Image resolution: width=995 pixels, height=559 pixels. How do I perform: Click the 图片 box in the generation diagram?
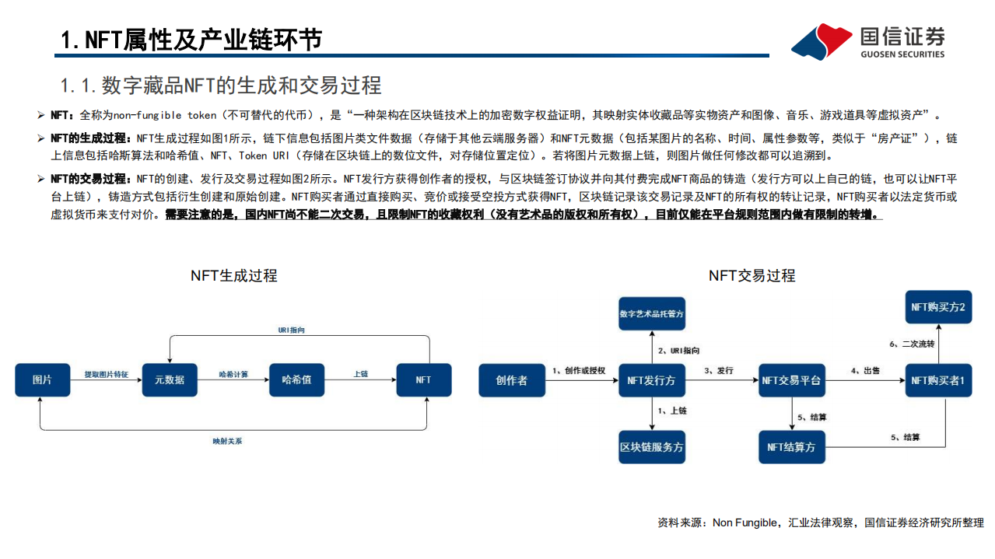(42, 380)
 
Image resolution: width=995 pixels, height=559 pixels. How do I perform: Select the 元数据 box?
(170, 380)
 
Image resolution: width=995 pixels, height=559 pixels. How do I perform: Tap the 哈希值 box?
(296, 380)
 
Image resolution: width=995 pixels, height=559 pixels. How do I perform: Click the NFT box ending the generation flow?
(423, 380)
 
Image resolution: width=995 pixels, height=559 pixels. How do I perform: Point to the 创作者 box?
(511, 380)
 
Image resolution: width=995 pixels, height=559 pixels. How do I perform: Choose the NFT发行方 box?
(652, 380)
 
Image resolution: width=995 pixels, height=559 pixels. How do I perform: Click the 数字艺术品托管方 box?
(652, 314)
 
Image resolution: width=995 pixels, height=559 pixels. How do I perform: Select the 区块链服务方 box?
(652, 447)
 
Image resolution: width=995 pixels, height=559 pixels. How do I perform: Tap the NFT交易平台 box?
(792, 380)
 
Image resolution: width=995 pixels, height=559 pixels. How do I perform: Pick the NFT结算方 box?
(792, 447)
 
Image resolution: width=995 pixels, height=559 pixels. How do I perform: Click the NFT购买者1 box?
(938, 380)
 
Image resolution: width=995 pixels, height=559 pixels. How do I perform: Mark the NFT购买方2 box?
(938, 308)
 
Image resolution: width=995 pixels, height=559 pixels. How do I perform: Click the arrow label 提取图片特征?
(107, 374)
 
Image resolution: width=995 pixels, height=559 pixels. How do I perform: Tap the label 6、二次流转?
(912, 344)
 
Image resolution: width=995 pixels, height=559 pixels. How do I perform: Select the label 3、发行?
(718, 371)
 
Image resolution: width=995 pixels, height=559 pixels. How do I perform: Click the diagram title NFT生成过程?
(233, 276)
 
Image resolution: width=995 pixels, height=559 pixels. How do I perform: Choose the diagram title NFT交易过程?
(752, 276)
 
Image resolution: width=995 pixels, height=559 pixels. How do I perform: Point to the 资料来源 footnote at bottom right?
(820, 523)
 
